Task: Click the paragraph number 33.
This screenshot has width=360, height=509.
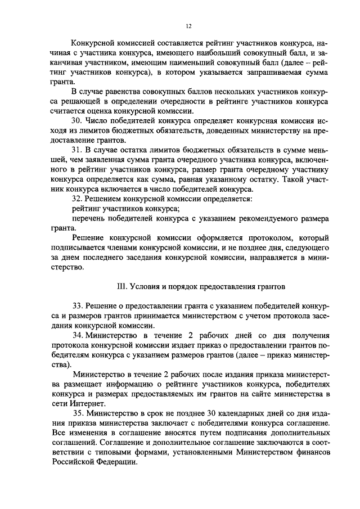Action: (x=79, y=305)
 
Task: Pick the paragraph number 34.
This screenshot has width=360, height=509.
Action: (x=79, y=335)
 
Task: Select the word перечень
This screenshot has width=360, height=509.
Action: (x=89, y=219)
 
